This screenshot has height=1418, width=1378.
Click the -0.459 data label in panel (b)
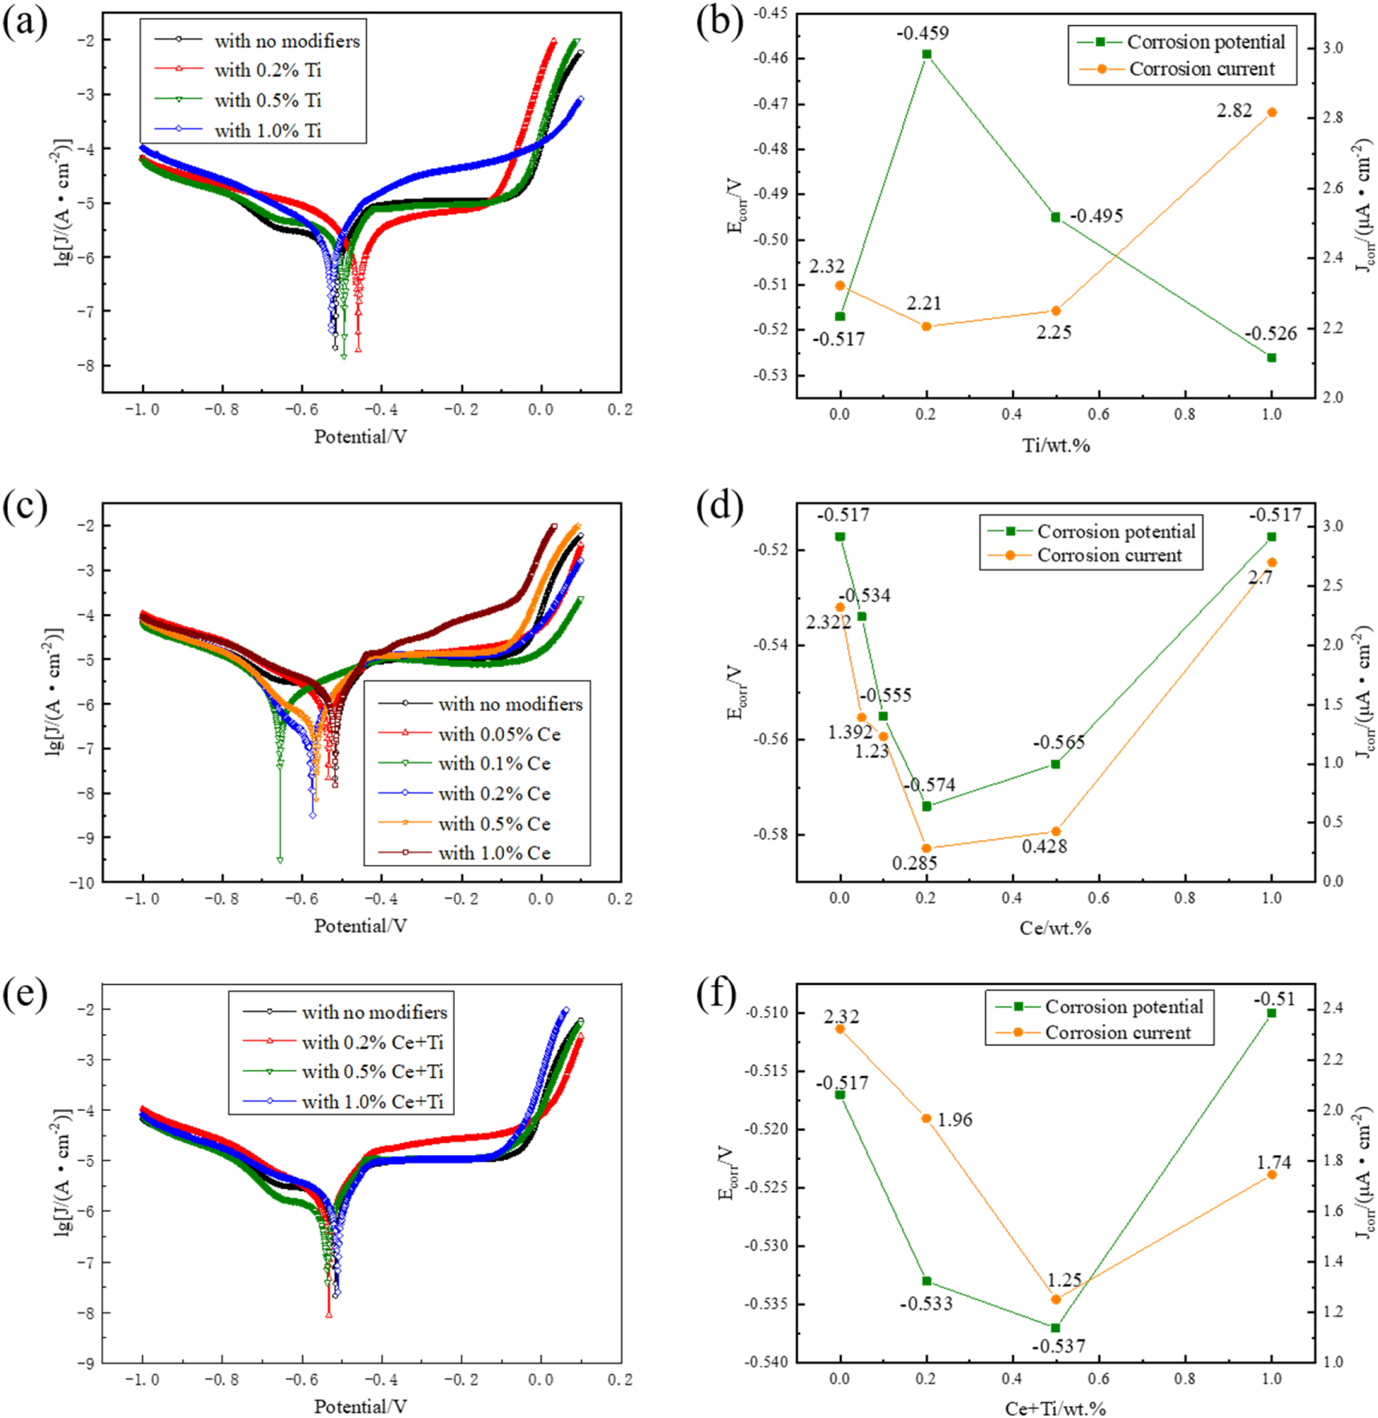(922, 34)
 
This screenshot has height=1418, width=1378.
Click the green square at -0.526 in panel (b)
(1271, 358)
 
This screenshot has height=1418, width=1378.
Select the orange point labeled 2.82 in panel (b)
(1271, 113)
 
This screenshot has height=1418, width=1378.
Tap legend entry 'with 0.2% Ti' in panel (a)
(267, 71)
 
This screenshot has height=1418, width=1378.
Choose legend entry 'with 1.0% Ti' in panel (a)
(267, 131)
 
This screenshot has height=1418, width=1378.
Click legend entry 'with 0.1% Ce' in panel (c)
(494, 764)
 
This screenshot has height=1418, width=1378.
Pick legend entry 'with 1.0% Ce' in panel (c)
(494, 854)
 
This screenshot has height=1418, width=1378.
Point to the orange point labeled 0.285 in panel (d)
(927, 848)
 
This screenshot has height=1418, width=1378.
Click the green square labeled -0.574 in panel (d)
(927, 806)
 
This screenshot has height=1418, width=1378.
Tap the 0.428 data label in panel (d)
(1044, 846)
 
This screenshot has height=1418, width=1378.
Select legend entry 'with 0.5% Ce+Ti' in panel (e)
(372, 1072)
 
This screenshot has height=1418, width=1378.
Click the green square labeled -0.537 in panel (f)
(1056, 1328)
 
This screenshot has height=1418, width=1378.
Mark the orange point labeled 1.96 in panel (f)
(927, 1118)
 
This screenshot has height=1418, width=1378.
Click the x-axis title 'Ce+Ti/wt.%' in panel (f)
(1055, 1408)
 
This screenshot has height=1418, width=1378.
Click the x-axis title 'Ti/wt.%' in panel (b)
(1055, 446)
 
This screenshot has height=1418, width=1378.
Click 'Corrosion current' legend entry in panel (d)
(1109, 555)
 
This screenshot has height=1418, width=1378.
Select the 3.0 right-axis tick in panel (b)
(1332, 48)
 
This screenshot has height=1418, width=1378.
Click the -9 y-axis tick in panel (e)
(85, 1363)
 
